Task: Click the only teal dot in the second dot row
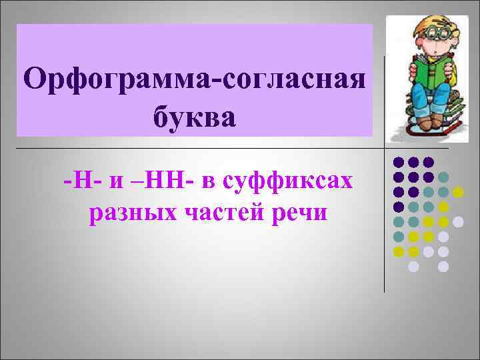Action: (x=443, y=177)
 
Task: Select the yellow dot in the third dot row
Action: (x=458, y=192)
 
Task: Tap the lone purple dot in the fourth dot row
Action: (x=399, y=207)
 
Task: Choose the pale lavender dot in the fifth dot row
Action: (x=458, y=221)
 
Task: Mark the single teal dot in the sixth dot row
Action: (x=399, y=237)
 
